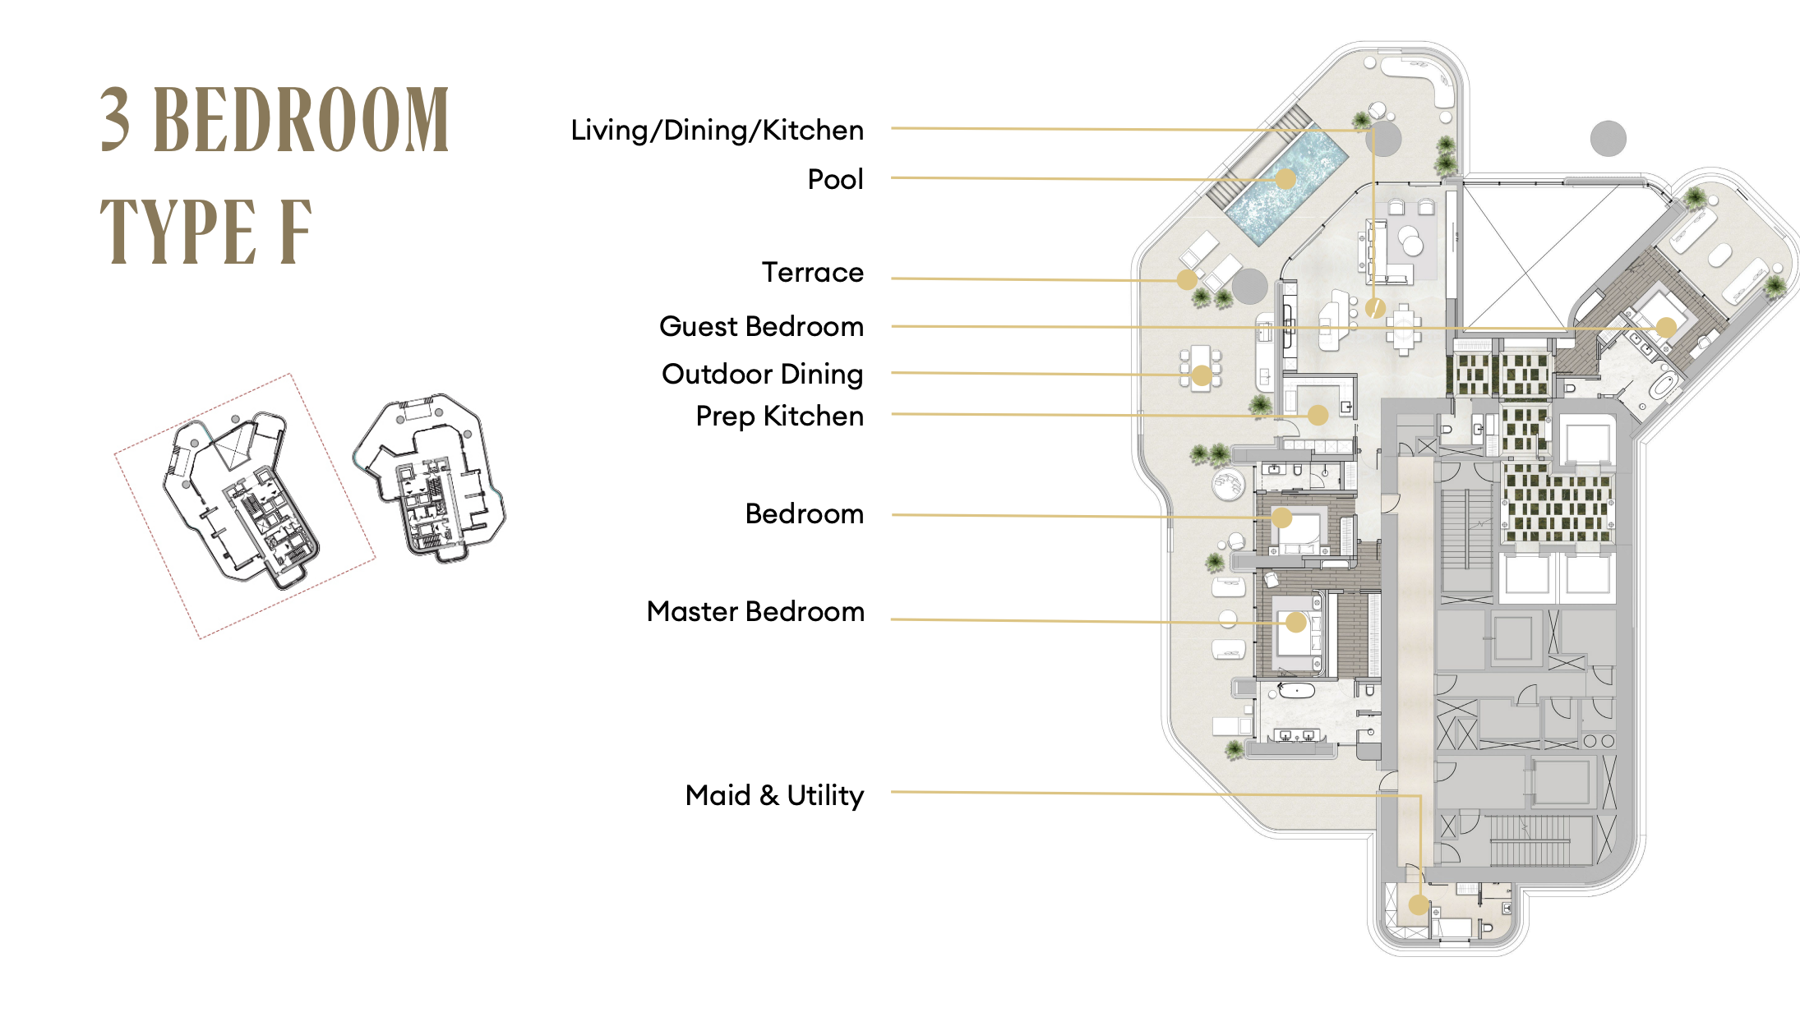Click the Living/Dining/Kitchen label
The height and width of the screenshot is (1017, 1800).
click(x=717, y=131)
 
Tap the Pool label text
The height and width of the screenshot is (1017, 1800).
click(x=835, y=179)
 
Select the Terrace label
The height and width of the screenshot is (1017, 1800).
click(x=812, y=272)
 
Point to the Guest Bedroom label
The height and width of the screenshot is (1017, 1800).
click(x=761, y=326)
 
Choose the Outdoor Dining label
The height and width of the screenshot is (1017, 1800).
click(x=762, y=374)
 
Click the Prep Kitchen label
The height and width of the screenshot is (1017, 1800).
click(x=779, y=416)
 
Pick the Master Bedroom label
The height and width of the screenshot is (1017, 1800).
click(x=755, y=611)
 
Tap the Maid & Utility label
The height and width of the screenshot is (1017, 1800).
click(x=774, y=795)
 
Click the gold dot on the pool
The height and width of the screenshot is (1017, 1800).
click(x=1285, y=179)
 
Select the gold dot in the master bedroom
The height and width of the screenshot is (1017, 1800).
click(x=1296, y=623)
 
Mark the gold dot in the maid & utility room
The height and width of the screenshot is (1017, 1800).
click(x=1419, y=905)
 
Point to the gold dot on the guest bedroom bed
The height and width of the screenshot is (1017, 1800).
click(x=1666, y=327)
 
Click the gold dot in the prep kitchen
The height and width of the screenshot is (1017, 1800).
click(x=1318, y=416)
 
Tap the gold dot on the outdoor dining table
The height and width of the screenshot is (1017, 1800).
click(x=1202, y=375)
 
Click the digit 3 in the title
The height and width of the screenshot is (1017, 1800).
click(x=115, y=120)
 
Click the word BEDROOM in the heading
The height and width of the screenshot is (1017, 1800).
click(x=302, y=120)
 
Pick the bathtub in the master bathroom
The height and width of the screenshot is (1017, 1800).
click(x=1299, y=690)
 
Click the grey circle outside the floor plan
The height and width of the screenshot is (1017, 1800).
click(x=1608, y=138)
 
